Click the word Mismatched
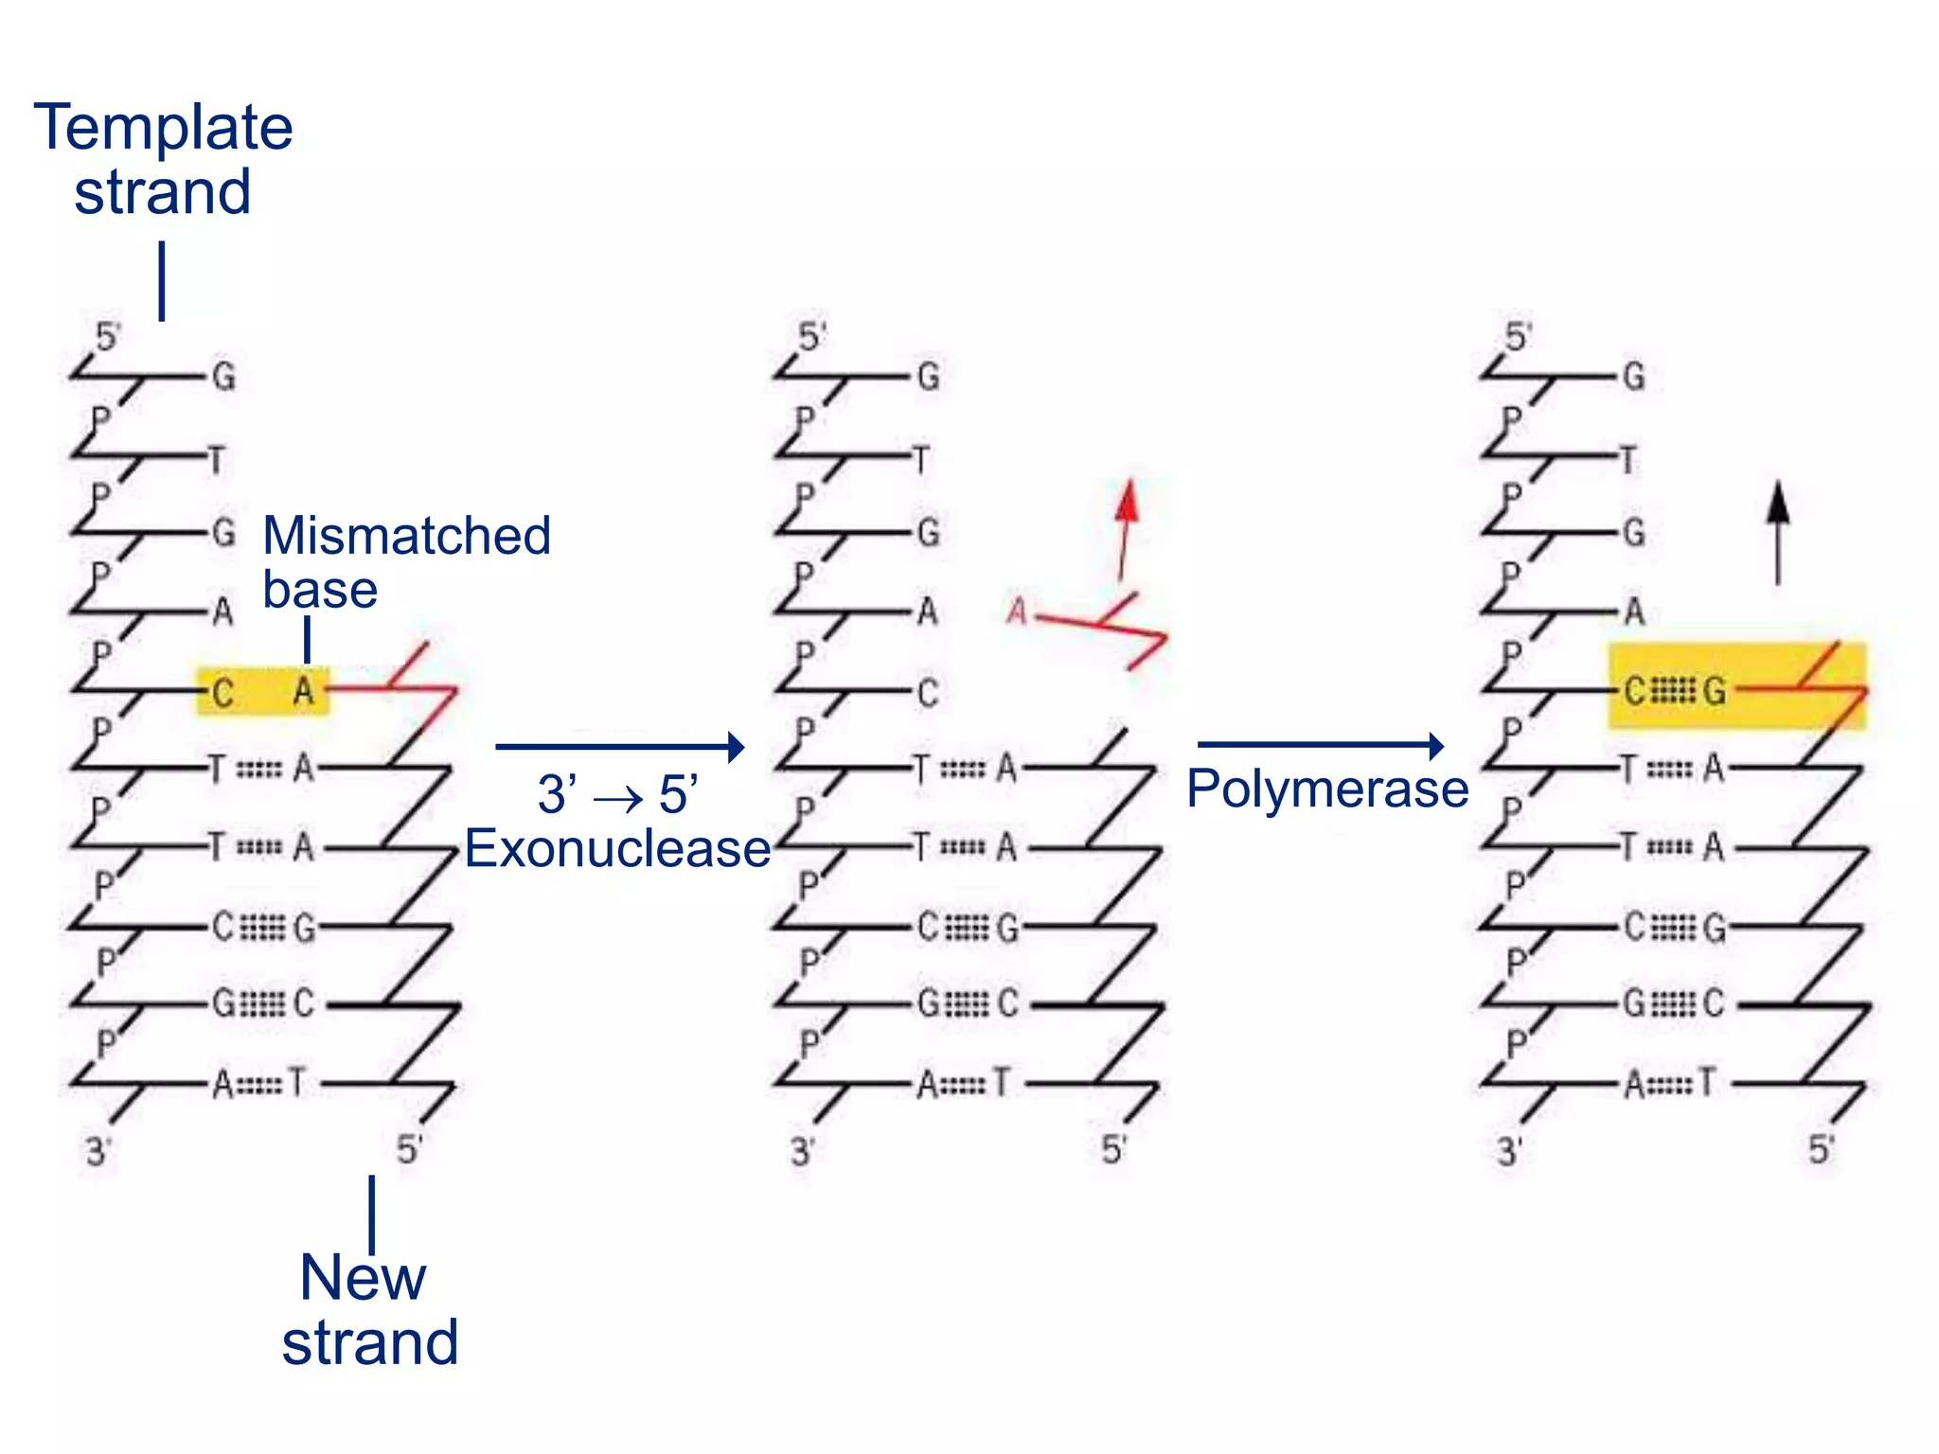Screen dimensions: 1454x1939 [x=406, y=536]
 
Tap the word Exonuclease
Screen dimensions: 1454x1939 [x=617, y=848]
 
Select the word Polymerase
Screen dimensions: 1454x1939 [x=1327, y=789]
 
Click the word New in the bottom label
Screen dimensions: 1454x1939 [x=363, y=1278]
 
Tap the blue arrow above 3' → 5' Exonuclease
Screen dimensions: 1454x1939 [x=619, y=746]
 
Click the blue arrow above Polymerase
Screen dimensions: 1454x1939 [x=1320, y=745]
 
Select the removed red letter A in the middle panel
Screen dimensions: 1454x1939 [x=1017, y=612]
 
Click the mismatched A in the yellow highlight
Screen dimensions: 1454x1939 [x=303, y=691]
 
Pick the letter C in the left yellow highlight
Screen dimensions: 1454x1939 [x=222, y=693]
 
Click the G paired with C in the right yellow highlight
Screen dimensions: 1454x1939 [x=1714, y=691]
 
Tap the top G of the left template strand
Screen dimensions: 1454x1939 [x=223, y=377]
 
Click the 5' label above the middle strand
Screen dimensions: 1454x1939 [x=811, y=336]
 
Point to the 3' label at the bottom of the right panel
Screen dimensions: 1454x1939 [x=1509, y=1152]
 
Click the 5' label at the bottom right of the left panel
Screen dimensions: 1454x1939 [x=409, y=1149]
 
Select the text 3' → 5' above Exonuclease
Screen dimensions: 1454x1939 [x=617, y=793]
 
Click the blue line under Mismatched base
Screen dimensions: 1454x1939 [x=307, y=639]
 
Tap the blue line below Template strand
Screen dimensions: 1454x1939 [x=162, y=280]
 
